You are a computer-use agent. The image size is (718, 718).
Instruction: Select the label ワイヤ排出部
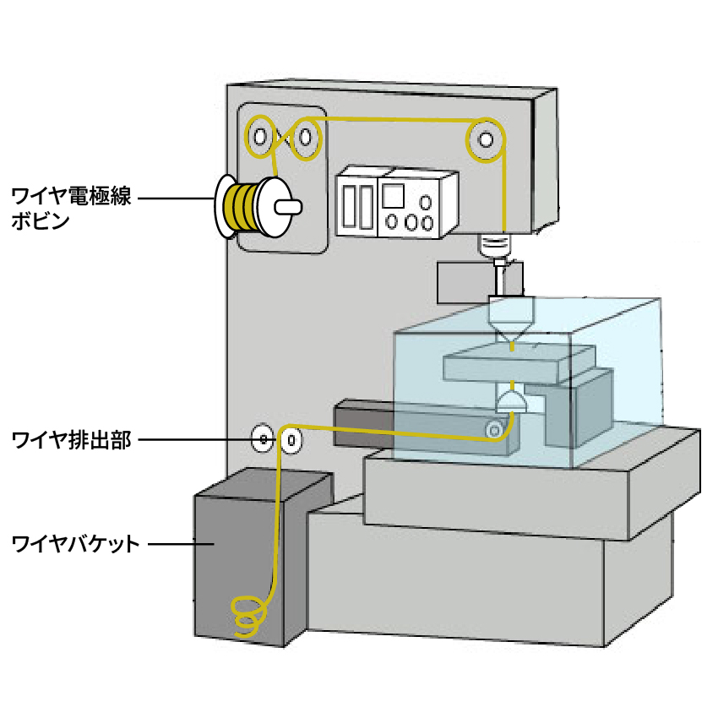72,440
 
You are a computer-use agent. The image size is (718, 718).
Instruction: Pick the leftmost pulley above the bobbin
260,135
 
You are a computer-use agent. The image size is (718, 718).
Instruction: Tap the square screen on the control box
393,196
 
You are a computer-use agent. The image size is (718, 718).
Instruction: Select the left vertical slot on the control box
349,205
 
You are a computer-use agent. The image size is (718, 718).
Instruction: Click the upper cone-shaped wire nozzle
510,324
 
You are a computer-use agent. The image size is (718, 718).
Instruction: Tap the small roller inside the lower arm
492,431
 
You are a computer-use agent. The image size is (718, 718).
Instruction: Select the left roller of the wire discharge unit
264,439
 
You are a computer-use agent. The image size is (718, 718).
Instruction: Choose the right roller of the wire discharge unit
291,439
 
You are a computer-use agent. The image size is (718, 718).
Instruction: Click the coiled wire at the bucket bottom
247,616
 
